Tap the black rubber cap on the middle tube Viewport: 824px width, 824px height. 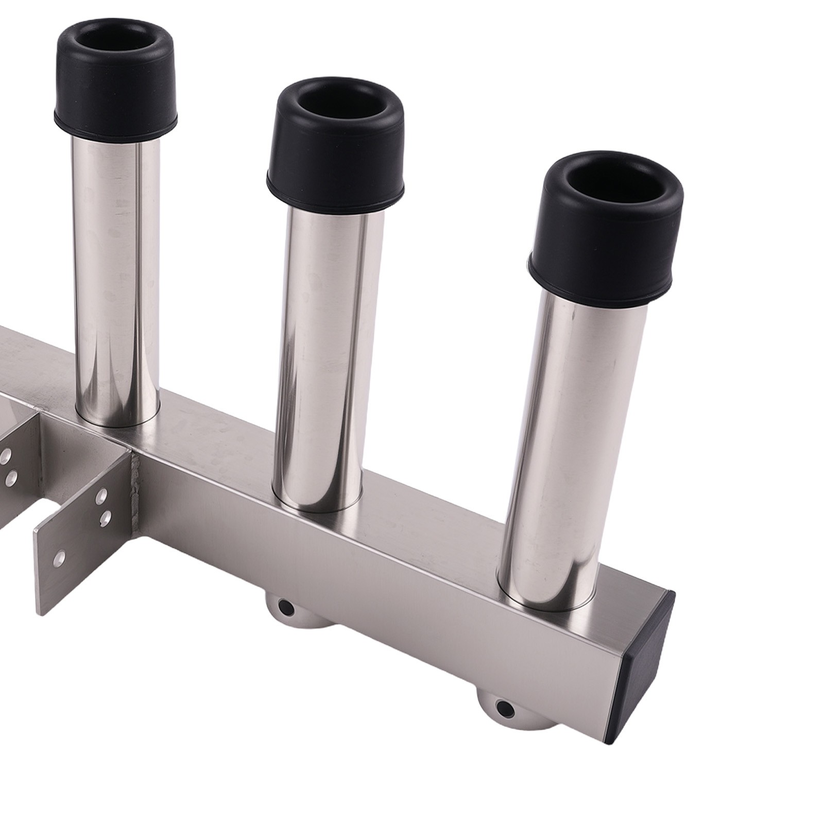pyautogui.click(x=335, y=154)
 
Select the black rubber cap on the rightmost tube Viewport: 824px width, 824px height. pyautogui.click(x=605, y=242)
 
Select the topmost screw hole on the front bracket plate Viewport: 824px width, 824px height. pyautogui.click(x=101, y=495)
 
